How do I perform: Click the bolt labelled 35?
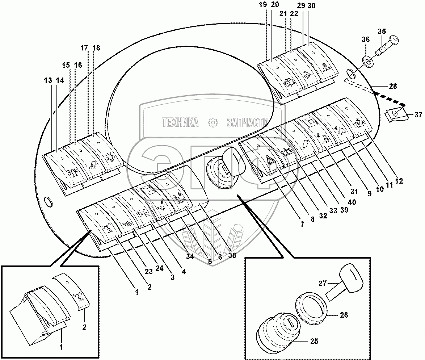tap(387, 46)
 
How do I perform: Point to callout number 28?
tap(392, 87)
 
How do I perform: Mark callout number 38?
tap(232, 255)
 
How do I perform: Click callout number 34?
tap(190, 257)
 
